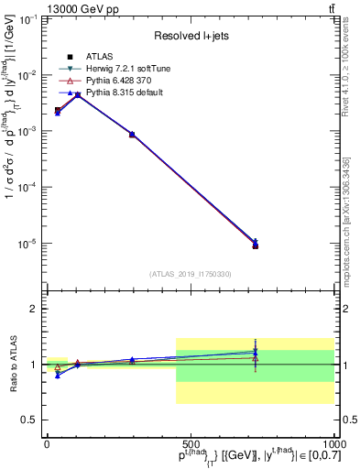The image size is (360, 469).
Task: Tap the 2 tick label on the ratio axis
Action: click(32, 309)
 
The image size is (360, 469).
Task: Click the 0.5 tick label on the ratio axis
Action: click(28, 420)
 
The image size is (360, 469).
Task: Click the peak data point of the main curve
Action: click(78, 94)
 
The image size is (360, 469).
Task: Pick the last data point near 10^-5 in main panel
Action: click(256, 245)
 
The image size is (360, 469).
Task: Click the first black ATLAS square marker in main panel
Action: click(58, 110)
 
